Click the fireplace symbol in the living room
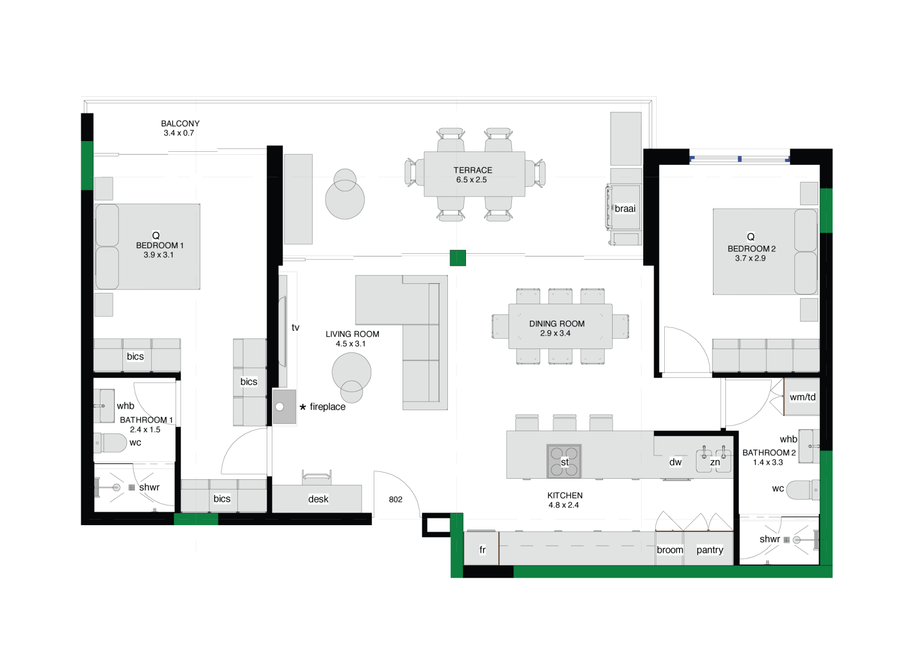tap(284, 407)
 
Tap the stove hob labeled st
tap(564, 461)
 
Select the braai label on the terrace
tap(625, 209)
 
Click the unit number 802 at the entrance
tap(396, 499)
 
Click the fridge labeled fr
tap(481, 548)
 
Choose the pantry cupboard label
tap(710, 550)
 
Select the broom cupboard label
tap(670, 550)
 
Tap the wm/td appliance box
tap(802, 397)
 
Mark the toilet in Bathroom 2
tap(803, 489)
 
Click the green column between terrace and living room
tap(458, 258)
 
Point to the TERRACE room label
tap(473, 171)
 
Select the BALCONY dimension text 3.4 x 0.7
tap(179, 133)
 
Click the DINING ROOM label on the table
tap(557, 323)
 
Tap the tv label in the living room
tap(295, 327)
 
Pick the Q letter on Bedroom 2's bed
tap(751, 237)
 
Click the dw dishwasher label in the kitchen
tap(676, 462)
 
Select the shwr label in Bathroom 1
tap(149, 487)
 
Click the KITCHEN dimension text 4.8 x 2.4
tap(563, 505)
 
